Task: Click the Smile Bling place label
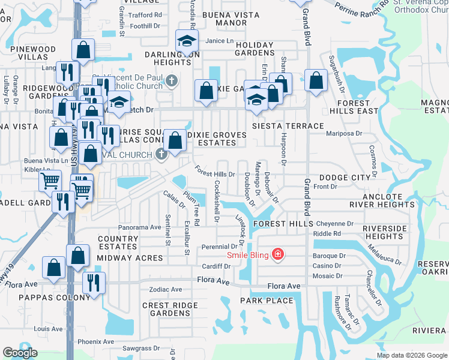pos(248,254)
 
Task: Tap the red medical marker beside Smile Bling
pos(277,254)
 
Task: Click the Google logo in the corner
pos(20,353)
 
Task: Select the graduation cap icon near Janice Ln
pos(187,42)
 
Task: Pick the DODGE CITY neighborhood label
pos(345,178)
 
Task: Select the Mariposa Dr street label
pos(343,134)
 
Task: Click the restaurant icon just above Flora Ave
pos(94,283)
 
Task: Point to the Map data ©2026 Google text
pos(412,355)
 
